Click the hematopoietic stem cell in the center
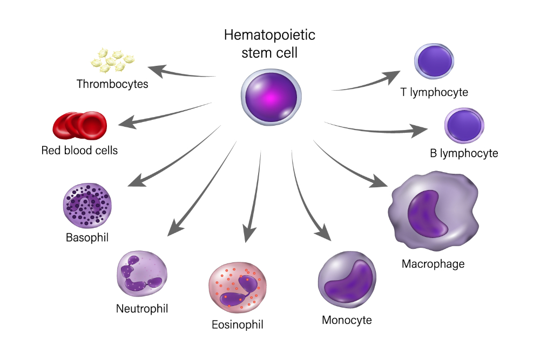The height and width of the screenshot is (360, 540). point(269,96)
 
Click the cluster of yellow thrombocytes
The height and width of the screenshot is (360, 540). point(113,59)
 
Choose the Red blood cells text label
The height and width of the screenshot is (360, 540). point(79,150)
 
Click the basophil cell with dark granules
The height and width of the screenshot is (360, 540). point(87,205)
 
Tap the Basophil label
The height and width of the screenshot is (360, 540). point(87,237)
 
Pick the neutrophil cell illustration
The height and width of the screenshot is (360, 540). point(141,274)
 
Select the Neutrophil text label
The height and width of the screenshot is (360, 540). point(142,309)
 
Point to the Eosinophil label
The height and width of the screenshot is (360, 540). point(238,325)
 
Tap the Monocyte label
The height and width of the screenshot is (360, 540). point(347,320)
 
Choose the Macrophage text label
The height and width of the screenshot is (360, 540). point(433,264)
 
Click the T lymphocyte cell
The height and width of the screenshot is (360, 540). point(434,61)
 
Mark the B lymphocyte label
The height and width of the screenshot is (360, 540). point(463,153)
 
